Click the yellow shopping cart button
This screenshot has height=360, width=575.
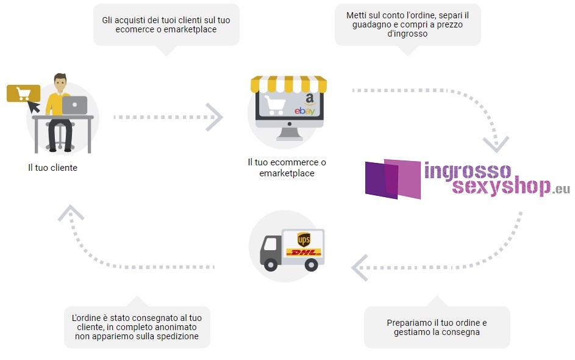(x=23, y=93)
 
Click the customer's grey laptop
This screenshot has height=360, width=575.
(x=74, y=105)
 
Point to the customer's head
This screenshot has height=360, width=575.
(x=60, y=82)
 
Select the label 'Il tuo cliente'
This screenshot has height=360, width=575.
(x=53, y=168)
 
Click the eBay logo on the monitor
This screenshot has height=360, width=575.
(x=305, y=110)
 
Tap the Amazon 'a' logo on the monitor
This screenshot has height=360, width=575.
(x=310, y=99)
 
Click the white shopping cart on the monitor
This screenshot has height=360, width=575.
(x=274, y=105)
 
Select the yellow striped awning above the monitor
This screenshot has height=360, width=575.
(x=288, y=84)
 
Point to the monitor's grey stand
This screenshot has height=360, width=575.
(x=290, y=134)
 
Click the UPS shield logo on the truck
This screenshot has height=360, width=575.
(x=304, y=240)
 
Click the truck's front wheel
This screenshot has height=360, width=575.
(x=271, y=264)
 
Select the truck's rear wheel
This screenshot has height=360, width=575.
(x=311, y=264)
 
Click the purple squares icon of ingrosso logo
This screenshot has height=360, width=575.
(x=393, y=179)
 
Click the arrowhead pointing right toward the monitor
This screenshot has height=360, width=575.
(x=215, y=117)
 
